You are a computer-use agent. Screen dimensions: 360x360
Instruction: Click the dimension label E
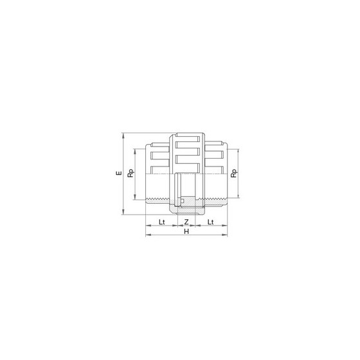click(119, 173)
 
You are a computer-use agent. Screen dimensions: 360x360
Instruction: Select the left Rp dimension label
click(130, 173)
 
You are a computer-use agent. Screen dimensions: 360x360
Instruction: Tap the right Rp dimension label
click(234, 173)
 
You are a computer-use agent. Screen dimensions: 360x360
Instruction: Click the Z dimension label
click(186, 222)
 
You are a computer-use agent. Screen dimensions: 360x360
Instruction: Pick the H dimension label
click(186, 231)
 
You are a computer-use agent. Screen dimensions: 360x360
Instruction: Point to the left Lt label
click(161, 222)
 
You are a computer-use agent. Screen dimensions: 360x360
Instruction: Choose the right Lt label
click(211, 222)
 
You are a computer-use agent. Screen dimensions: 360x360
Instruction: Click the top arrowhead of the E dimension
click(123, 136)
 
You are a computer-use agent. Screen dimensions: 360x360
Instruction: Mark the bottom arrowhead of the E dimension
click(123, 212)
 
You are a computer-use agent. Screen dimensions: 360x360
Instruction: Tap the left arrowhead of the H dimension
click(148, 235)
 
